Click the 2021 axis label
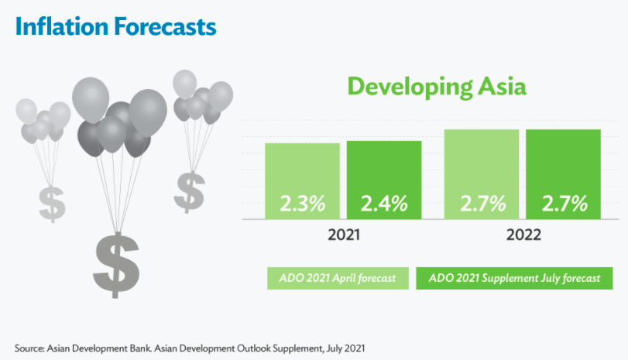pos(343,235)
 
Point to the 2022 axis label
pos(523,235)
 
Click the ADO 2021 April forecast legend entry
pos(338,278)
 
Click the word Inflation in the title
pos(60,27)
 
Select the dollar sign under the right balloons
pos(189,191)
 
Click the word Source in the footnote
pos(30,348)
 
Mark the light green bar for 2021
pos(303,170)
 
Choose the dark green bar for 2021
pos(384,170)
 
